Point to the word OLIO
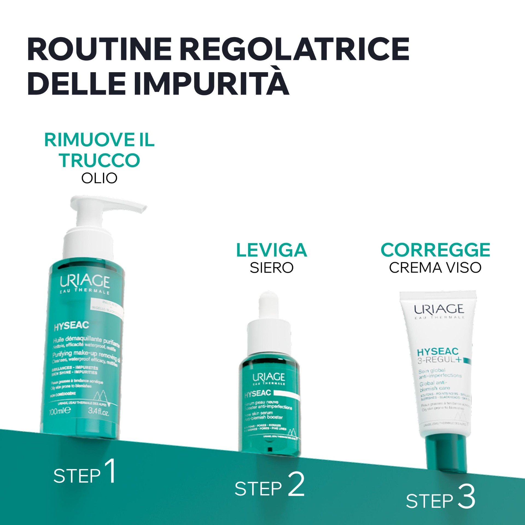point(99,178)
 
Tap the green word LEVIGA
point(272,250)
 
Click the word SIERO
point(272,268)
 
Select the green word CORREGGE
point(435,250)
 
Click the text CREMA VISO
point(435,268)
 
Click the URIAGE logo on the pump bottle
point(85,282)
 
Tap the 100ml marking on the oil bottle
point(60,411)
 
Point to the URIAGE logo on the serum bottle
point(269,377)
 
